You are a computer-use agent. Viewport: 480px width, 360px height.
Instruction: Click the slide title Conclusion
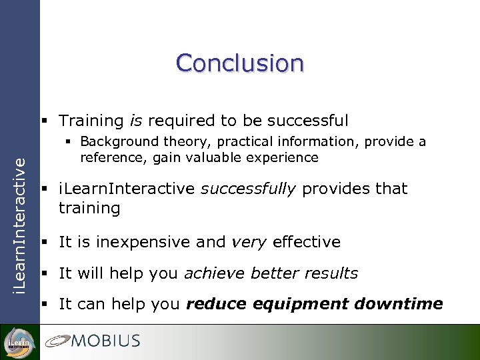240,63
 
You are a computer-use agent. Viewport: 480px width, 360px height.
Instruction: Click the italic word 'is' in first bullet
135,121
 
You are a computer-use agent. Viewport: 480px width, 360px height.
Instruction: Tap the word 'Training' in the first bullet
91,121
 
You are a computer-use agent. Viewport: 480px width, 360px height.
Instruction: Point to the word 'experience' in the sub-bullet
285,157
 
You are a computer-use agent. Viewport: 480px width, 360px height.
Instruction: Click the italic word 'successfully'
248,189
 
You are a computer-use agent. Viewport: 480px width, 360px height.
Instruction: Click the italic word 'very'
248,242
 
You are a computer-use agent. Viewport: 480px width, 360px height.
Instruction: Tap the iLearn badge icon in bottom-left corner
19,341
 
